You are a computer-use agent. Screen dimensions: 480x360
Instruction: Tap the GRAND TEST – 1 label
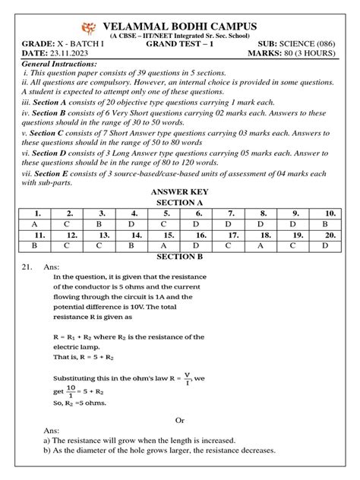pos(180,44)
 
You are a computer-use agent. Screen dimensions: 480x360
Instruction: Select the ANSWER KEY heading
pos(181,192)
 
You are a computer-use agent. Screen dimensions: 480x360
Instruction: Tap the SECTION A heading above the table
pos(181,204)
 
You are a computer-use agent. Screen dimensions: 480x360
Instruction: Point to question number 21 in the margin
pos(26,268)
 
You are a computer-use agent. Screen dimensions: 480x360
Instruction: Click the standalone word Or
pos(180,419)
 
